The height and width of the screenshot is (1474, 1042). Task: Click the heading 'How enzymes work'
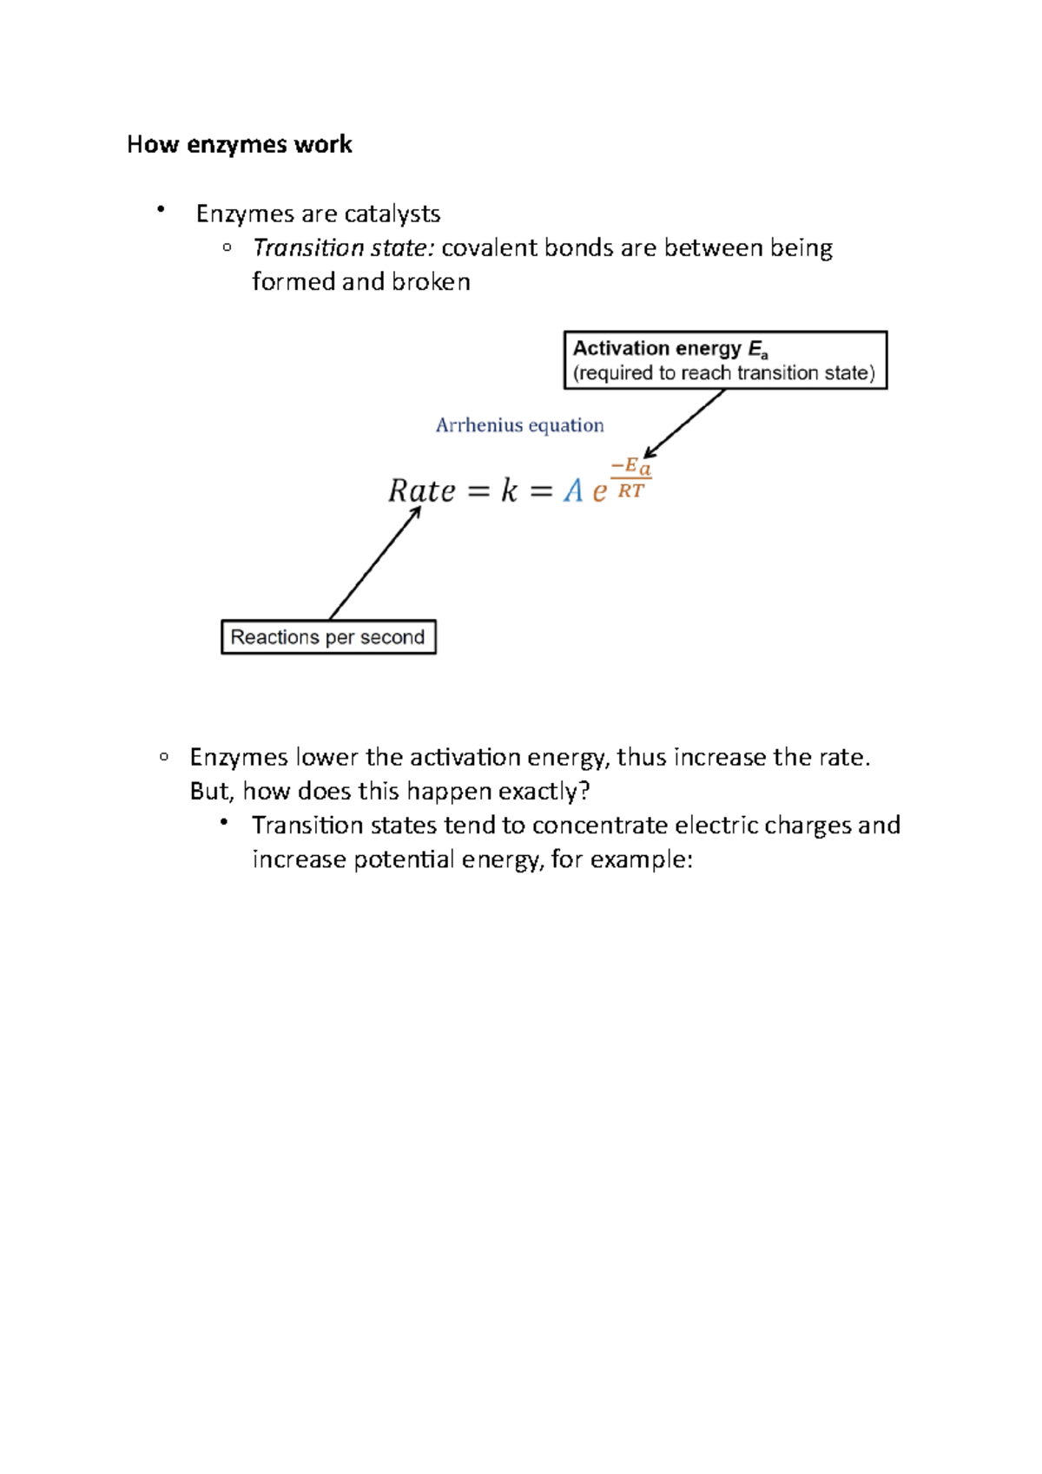point(239,144)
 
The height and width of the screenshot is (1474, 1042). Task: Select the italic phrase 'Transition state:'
point(343,248)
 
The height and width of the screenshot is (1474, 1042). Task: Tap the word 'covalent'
point(489,248)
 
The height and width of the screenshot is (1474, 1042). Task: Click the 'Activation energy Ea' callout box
point(725,359)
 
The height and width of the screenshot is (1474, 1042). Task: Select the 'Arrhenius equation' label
point(519,425)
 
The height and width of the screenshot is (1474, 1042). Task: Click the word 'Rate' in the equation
point(421,491)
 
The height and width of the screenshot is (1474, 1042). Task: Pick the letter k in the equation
point(509,491)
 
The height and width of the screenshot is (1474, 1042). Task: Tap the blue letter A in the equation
point(573,491)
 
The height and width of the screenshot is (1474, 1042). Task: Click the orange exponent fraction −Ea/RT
point(631,478)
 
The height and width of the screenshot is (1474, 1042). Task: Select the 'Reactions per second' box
point(328,637)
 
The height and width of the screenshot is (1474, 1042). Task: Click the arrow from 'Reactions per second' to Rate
point(374,563)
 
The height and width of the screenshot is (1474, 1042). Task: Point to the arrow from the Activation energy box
point(684,424)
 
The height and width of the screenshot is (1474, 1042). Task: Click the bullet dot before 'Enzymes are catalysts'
point(161,209)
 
